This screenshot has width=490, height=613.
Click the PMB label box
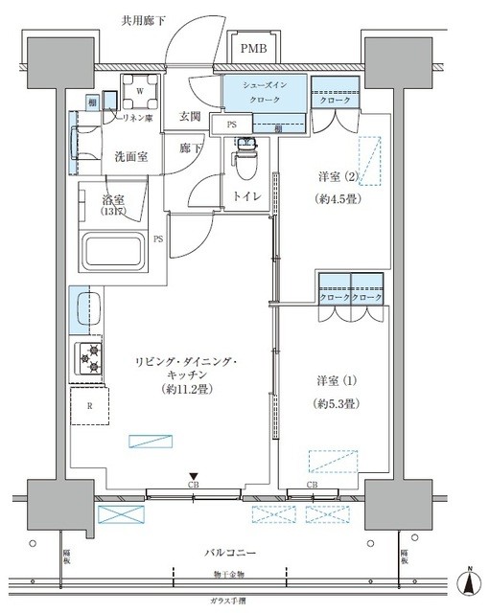pos(254,49)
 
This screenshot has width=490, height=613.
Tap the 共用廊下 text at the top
pos(143,20)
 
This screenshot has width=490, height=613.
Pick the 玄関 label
pos(190,118)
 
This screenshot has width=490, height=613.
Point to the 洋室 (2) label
pos(337,177)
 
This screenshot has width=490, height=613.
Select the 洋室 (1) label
pos(337,380)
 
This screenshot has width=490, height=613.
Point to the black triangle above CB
pos(193,476)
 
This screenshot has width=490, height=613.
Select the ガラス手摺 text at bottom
pos(230,600)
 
